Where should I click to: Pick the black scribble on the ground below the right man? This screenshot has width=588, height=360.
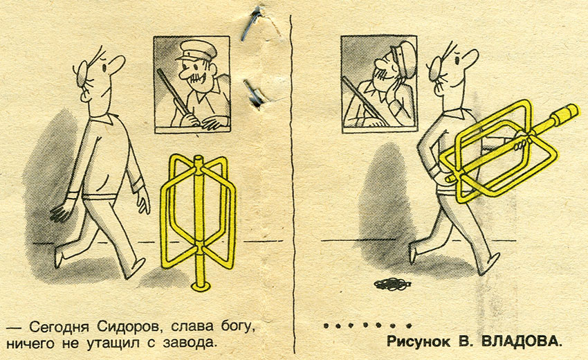[x=390, y=284]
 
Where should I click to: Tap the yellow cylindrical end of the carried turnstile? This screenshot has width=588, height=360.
[x=565, y=113]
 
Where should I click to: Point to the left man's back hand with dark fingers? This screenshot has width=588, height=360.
[x=60, y=212]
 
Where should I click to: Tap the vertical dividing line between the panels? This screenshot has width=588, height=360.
[x=293, y=184]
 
